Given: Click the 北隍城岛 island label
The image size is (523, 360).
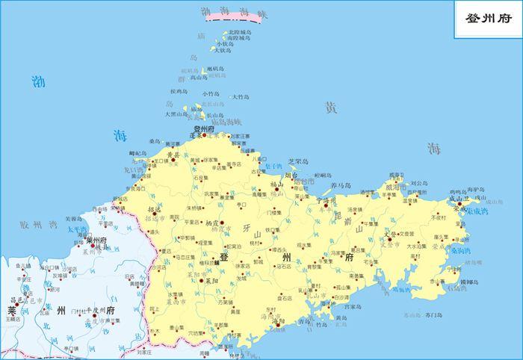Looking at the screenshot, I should tap(239, 32).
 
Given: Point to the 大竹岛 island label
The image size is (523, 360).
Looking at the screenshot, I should tap(241, 96).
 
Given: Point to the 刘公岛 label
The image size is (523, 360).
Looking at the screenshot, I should tap(418, 182).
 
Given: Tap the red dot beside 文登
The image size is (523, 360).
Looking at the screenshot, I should tap(389, 238).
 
